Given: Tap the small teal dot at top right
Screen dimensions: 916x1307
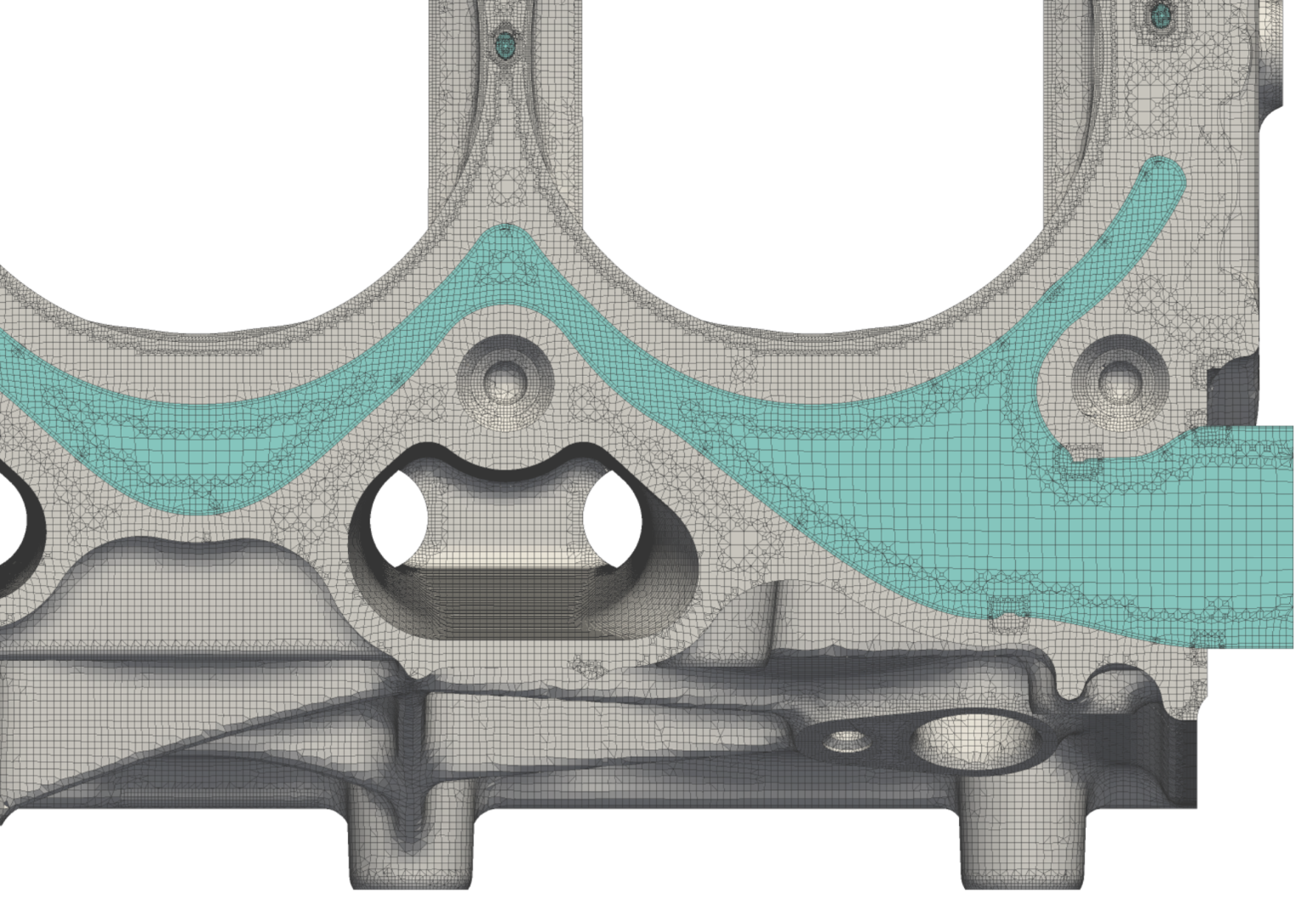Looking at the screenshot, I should point(1160,14).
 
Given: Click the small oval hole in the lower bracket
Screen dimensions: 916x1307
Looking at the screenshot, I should point(847,740).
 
